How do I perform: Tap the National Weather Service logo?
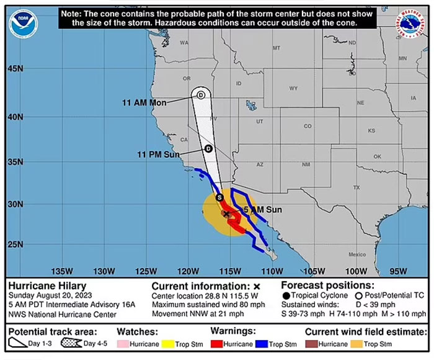pyautogui.click(x=410, y=22)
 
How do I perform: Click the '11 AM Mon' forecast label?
pyautogui.click(x=144, y=103)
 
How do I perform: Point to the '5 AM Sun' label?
pyautogui.click(x=262, y=210)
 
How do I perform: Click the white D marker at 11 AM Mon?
pyautogui.click(x=201, y=95)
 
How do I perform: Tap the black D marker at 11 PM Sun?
pyautogui.click(x=208, y=148)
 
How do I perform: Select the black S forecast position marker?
pyautogui.click(x=219, y=197)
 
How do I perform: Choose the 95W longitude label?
pyautogui.click(x=398, y=271)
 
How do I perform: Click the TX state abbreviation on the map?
pyautogui.click(x=356, y=187)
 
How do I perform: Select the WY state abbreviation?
pyautogui.click(x=293, y=88)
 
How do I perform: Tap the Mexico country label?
pyautogui.click(x=357, y=254)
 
